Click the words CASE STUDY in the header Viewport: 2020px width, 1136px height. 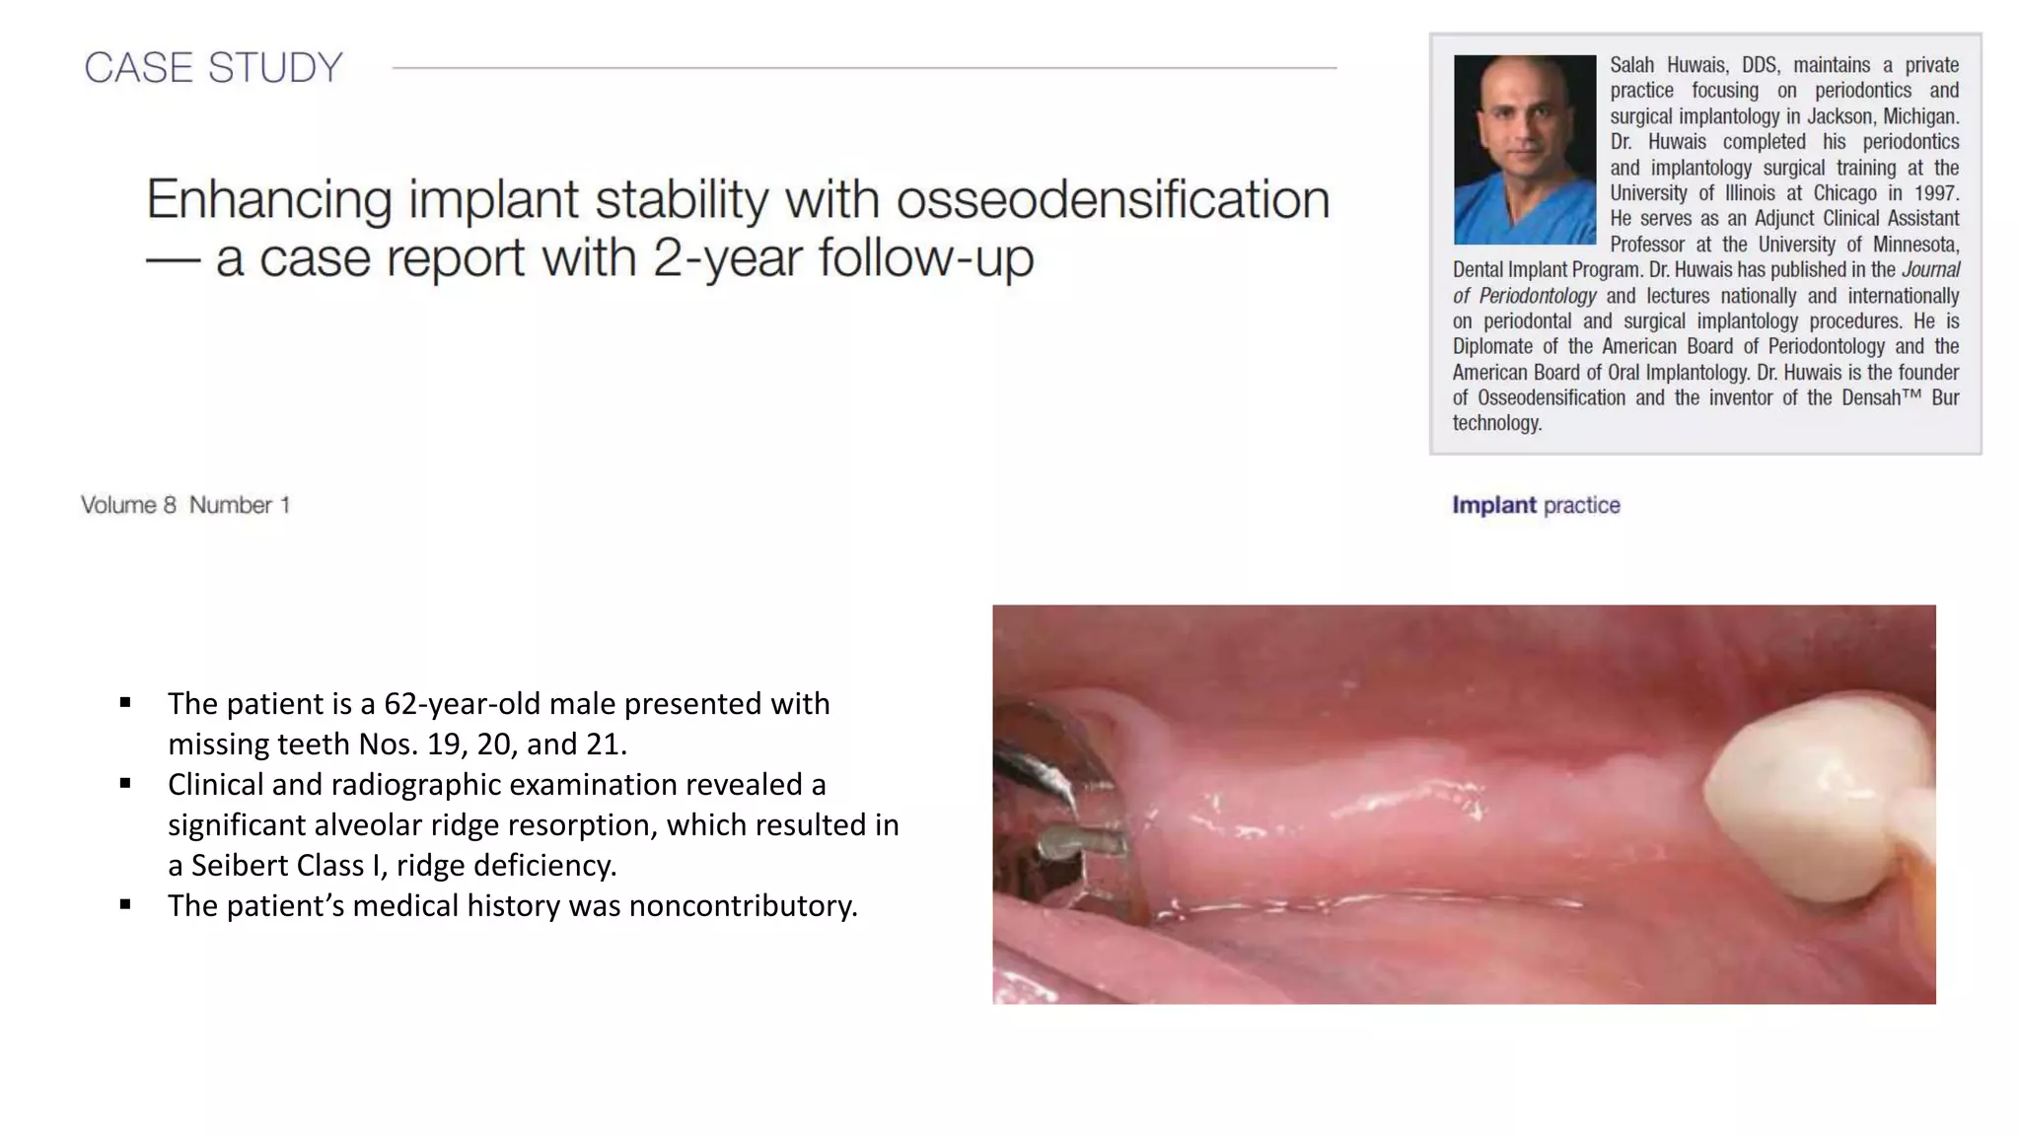pos(213,68)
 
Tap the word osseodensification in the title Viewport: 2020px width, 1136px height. pos(1113,200)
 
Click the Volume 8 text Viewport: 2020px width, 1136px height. pos(128,505)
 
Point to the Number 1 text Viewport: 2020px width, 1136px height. pos(240,505)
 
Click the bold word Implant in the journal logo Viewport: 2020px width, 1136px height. pos(1493,505)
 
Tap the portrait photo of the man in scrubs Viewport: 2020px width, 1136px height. pos(1524,150)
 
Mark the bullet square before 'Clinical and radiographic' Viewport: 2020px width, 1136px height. pos(125,784)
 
